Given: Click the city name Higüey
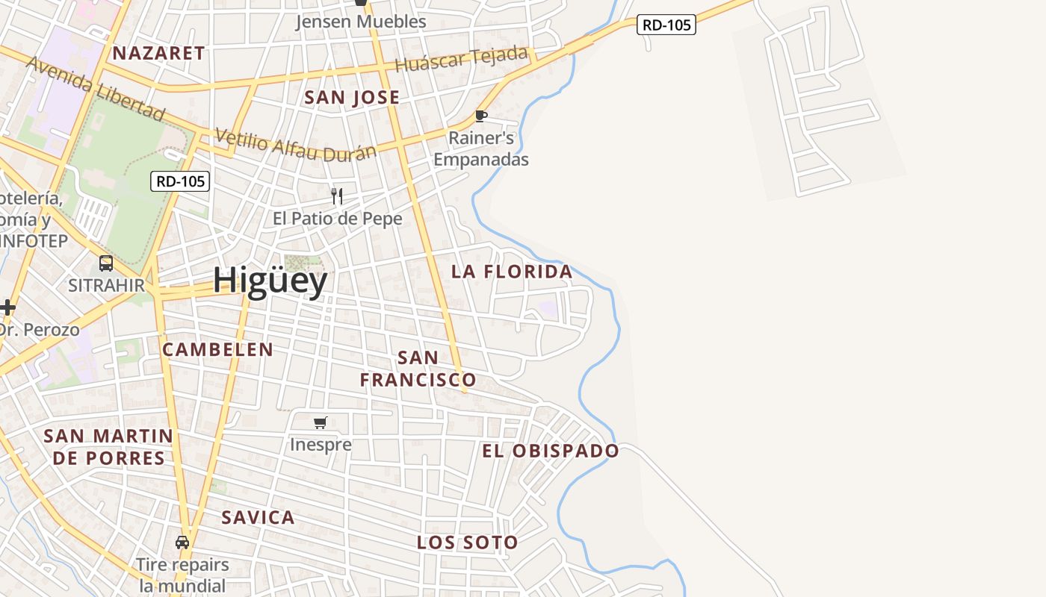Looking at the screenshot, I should tap(270, 281).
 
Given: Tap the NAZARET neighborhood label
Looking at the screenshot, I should tap(158, 53).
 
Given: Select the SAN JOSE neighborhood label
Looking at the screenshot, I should tap(352, 98).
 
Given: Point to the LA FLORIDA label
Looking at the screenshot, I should tap(512, 272).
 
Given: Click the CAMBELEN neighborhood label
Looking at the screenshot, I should tap(217, 349).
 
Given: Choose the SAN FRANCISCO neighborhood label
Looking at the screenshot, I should tap(418, 369).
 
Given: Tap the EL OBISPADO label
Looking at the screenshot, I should tap(551, 451).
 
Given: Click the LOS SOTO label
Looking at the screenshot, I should tap(467, 543).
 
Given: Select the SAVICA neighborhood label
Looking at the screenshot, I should tap(258, 518).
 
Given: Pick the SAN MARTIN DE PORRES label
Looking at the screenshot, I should tap(108, 446).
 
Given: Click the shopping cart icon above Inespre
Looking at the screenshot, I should tap(321, 423).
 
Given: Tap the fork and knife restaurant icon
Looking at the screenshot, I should tap(337, 196).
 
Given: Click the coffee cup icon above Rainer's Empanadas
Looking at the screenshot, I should tap(481, 116).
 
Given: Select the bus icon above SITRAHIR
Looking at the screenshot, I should tap(106, 263).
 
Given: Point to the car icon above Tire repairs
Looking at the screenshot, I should tap(182, 543).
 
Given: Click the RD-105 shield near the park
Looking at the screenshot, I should tap(180, 181).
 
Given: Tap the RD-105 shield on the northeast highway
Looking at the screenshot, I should tap(666, 25).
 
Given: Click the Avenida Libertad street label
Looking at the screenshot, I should tap(95, 87).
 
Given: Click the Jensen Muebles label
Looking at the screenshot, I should tap(361, 22).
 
